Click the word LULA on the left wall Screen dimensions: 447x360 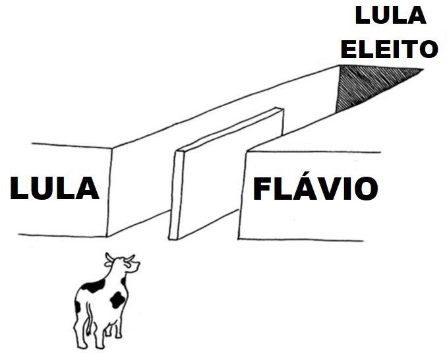pyautogui.click(x=55, y=188)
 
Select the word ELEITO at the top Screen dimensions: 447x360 pyautogui.click(x=389, y=49)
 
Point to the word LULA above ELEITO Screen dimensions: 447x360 pyautogui.click(x=390, y=15)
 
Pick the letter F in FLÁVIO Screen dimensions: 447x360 pyautogui.click(x=262, y=189)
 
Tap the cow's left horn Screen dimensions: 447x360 pyautogui.click(x=109, y=257)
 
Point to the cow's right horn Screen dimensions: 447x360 pyautogui.click(x=130, y=258)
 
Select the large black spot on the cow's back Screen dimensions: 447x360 pyautogui.click(x=93, y=285)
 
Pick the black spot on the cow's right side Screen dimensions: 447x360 pyautogui.click(x=117, y=300)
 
